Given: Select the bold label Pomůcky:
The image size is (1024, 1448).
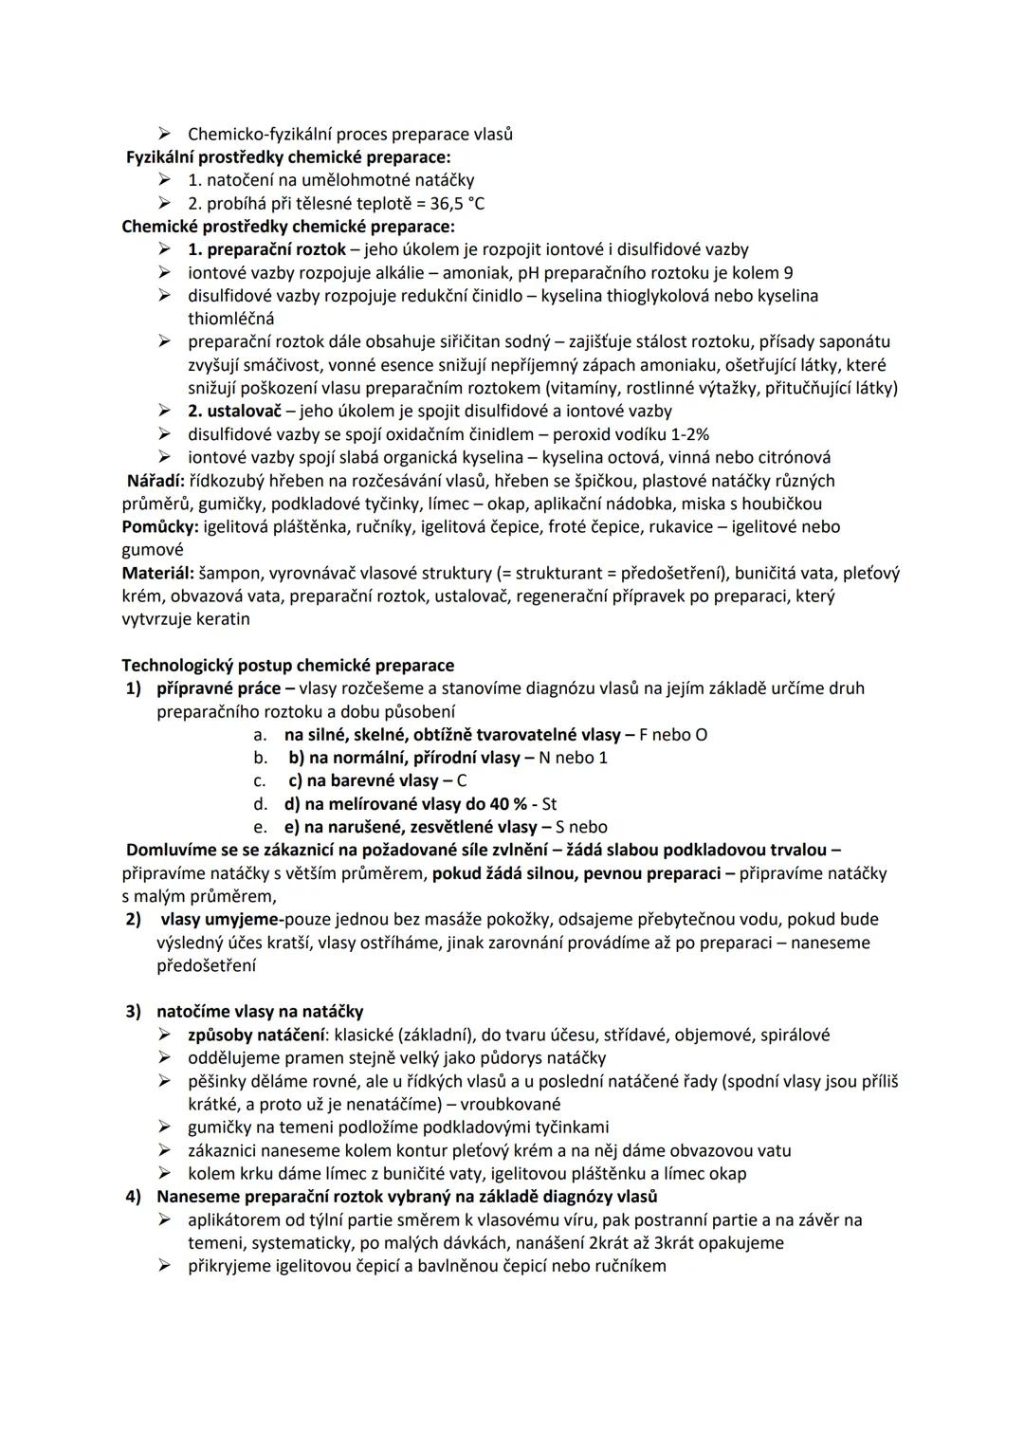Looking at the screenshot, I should tap(159, 526).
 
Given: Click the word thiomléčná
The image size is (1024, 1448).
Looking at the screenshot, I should tap(230, 319).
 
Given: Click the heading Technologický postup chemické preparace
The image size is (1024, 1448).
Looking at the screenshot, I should tap(287, 665).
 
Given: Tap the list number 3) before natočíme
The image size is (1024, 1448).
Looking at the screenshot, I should tap(134, 1012).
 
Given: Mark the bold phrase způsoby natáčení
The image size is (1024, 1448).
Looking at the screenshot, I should tap(254, 1035).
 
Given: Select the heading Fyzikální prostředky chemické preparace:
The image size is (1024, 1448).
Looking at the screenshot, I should tap(288, 156).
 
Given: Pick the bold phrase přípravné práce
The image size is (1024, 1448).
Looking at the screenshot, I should tap(218, 687).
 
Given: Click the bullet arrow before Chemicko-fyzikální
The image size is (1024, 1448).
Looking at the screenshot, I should tap(166, 134).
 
